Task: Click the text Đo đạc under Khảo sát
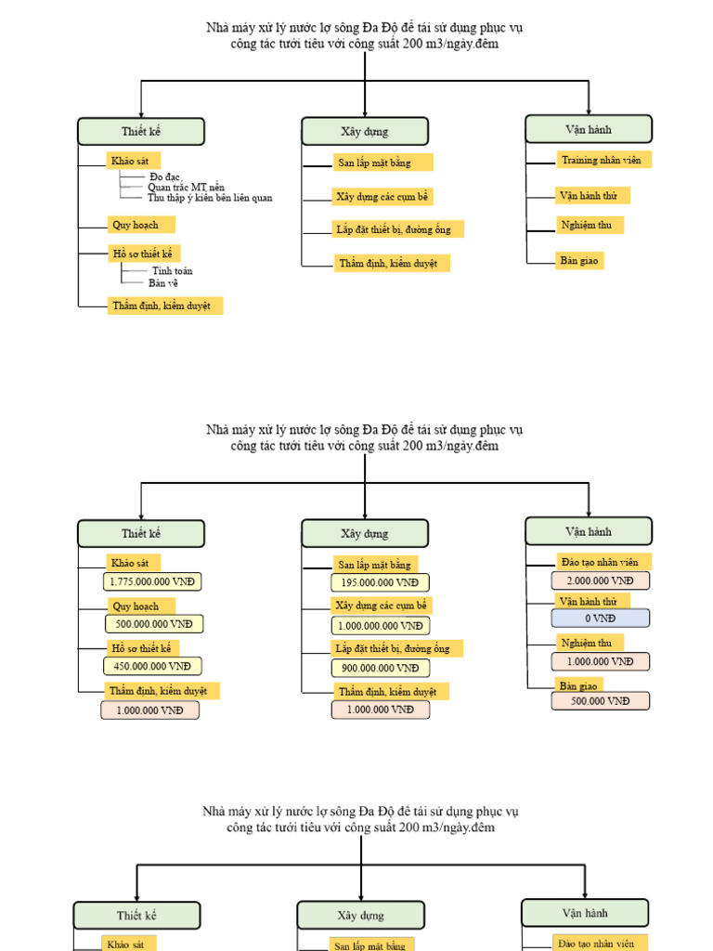click(165, 176)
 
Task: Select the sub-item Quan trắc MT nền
click(186, 187)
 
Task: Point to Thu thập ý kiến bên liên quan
click(210, 198)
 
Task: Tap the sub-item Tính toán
click(172, 271)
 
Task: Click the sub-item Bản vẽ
click(162, 282)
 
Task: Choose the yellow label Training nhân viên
click(602, 160)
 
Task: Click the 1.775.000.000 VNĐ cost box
click(152, 582)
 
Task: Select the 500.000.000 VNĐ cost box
click(154, 624)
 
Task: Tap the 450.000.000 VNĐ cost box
click(152, 666)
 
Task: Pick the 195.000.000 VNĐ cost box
click(380, 583)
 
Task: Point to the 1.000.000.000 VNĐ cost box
click(381, 626)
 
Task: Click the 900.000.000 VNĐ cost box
click(380, 668)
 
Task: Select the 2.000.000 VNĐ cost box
click(600, 581)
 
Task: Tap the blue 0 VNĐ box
click(600, 619)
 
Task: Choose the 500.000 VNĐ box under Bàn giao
click(600, 701)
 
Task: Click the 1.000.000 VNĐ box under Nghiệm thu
click(600, 662)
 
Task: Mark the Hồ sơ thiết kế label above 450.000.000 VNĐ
click(143, 648)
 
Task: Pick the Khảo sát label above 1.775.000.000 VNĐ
click(132, 563)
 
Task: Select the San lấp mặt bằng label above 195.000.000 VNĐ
click(374, 564)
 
